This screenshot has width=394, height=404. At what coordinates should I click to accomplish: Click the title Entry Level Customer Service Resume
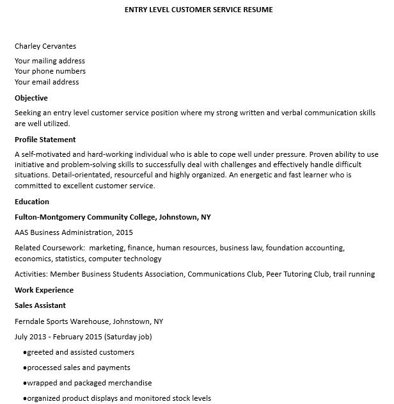[197, 10]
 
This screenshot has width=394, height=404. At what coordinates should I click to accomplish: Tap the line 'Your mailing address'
[50, 61]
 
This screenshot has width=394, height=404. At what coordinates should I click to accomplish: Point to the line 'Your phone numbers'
[50, 71]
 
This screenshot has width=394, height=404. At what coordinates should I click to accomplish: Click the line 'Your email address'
[47, 82]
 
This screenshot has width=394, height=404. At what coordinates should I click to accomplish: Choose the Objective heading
[31, 98]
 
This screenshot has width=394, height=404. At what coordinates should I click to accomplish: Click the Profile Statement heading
[45, 139]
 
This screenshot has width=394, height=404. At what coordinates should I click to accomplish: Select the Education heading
[31, 202]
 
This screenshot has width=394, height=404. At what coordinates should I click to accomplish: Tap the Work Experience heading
[43, 290]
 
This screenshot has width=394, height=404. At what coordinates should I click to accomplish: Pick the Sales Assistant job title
[40, 305]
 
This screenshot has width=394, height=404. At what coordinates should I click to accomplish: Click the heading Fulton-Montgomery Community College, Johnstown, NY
[113, 217]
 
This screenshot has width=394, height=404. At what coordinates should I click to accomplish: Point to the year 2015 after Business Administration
[125, 232]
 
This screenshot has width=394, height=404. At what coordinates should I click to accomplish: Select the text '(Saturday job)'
[128, 337]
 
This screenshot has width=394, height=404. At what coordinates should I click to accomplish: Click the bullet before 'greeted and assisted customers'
[24, 353]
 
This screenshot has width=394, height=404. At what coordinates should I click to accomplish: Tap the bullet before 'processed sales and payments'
[24, 368]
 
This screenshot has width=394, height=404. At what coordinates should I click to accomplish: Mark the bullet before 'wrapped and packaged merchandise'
[24, 384]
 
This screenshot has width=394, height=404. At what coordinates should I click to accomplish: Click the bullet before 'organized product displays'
[24, 399]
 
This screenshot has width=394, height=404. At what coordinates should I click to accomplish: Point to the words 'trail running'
[352, 274]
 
